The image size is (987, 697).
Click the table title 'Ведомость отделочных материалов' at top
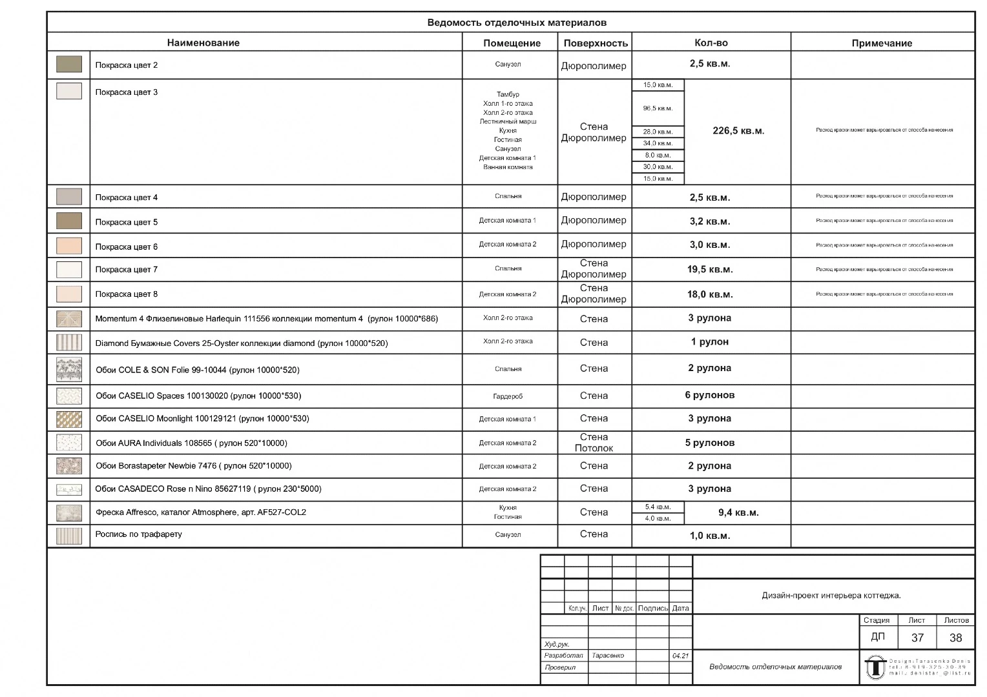click(x=517, y=23)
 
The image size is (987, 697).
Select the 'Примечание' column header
click(x=882, y=43)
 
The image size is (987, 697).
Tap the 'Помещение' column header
click(x=512, y=43)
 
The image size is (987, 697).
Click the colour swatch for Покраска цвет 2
click(x=69, y=65)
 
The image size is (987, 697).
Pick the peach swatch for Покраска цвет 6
click(x=69, y=246)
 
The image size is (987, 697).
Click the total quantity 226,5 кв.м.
click(x=738, y=131)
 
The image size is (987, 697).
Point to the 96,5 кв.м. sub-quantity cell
click(x=658, y=108)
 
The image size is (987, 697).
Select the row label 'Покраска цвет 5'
click(x=127, y=222)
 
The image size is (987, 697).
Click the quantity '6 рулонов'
click(x=710, y=395)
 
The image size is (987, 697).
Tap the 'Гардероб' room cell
click(x=508, y=396)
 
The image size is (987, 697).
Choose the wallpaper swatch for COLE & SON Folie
click(x=69, y=370)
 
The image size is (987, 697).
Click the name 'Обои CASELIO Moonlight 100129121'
click(x=202, y=419)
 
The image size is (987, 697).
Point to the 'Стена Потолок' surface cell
click(x=594, y=443)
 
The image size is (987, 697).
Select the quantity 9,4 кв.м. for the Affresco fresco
click(x=738, y=513)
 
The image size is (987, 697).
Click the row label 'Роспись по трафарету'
click(x=139, y=534)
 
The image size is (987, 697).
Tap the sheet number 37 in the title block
click(x=917, y=638)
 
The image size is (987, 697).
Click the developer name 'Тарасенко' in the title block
click(x=608, y=656)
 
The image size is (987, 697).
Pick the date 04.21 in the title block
click(x=680, y=656)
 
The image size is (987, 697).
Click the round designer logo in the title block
click(x=875, y=667)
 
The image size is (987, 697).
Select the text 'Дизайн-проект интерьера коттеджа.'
click(x=831, y=596)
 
